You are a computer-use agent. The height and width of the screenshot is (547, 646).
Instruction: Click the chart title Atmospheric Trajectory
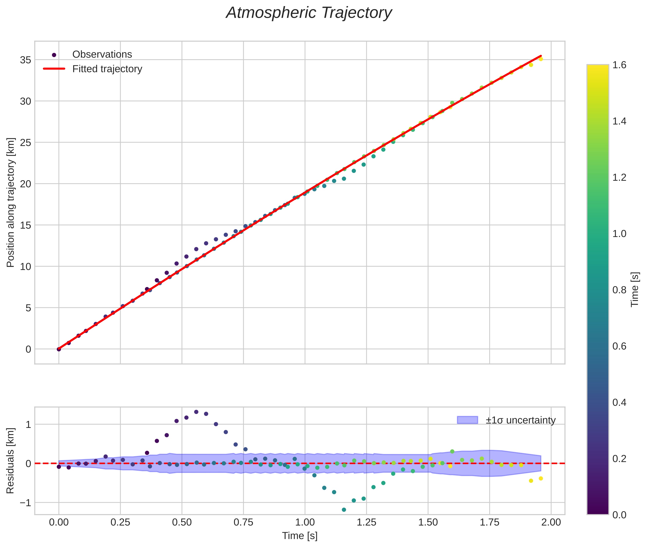pos(309,13)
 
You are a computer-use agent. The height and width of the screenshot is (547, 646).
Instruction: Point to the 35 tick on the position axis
pos(26,60)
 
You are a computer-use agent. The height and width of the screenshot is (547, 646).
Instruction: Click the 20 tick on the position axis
pos(26,184)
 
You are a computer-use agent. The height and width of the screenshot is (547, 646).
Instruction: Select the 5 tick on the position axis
pos(28,308)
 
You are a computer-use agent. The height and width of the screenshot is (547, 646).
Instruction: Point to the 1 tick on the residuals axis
pos(28,424)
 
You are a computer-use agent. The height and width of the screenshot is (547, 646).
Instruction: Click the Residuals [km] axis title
pos(10,461)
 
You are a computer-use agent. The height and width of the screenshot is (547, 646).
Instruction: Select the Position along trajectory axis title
pos(10,202)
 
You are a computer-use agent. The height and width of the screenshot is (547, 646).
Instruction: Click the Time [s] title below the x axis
pos(300,536)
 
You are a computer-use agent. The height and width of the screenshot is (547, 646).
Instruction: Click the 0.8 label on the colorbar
pos(619,290)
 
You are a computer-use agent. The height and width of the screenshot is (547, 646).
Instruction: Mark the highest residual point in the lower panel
pos(196,412)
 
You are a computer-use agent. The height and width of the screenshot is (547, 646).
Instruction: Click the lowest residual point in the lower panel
pos(344,510)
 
